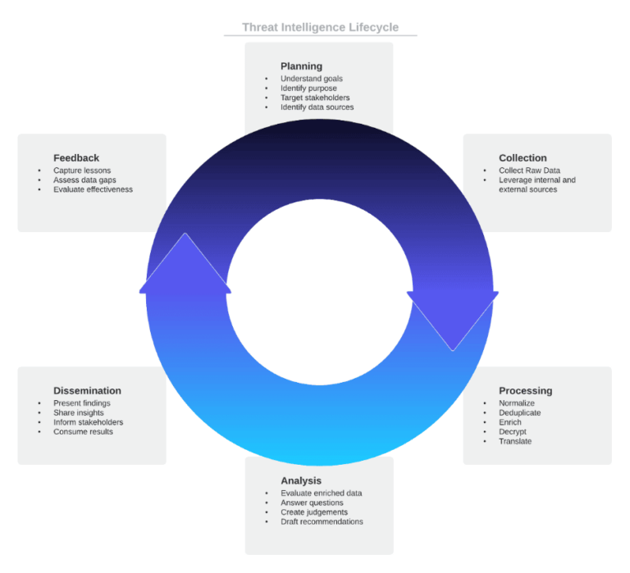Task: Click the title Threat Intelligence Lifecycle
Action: (x=320, y=27)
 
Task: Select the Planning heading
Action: (x=301, y=66)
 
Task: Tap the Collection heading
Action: (x=523, y=158)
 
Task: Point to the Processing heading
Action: (x=525, y=391)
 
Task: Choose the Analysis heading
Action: (x=301, y=480)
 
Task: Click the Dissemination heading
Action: (x=87, y=391)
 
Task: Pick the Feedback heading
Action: (x=76, y=158)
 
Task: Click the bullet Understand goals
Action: (x=312, y=79)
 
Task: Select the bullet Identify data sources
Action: (x=317, y=107)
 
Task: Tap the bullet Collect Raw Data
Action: (x=529, y=171)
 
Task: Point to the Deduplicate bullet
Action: (x=520, y=413)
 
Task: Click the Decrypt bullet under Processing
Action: (x=513, y=432)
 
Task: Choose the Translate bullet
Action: (x=515, y=442)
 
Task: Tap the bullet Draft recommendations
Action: (x=322, y=522)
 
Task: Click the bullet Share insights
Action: (x=79, y=413)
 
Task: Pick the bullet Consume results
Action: (x=83, y=432)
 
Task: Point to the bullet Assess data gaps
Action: (x=84, y=180)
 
